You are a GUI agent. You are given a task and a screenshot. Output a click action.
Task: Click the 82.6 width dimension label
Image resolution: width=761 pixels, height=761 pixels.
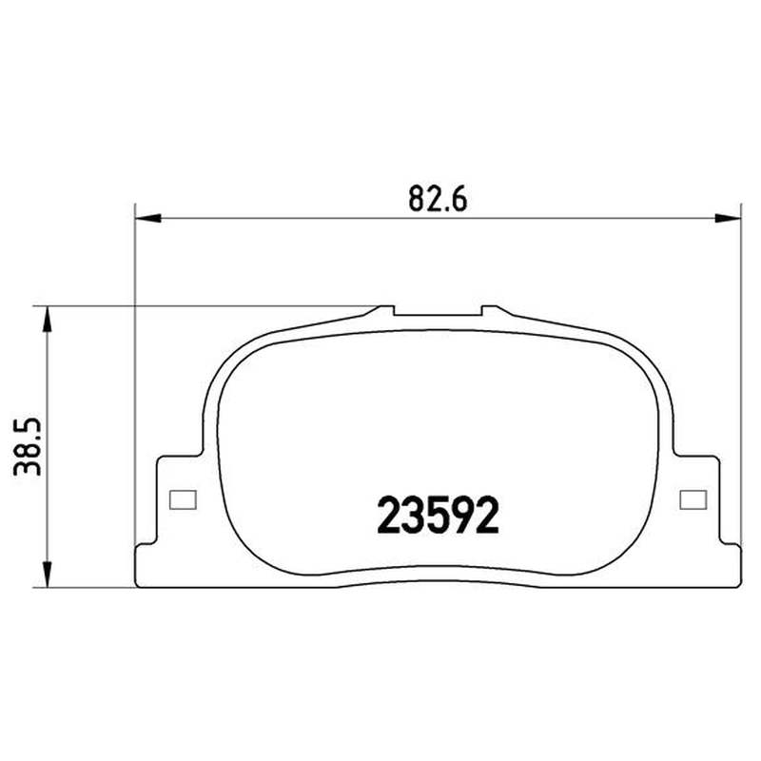tap(438, 199)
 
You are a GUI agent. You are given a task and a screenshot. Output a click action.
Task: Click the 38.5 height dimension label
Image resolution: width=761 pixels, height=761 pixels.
tap(28, 446)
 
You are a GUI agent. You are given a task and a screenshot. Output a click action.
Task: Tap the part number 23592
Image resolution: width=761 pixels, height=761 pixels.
tap(438, 515)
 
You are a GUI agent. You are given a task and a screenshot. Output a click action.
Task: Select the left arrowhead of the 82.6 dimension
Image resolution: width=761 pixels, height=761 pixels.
tap(147, 219)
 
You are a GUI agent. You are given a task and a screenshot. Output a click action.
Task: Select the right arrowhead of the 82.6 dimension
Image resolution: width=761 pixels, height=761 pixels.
tap(728, 219)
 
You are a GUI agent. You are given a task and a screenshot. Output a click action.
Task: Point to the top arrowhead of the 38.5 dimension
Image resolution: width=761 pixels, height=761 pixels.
tap(47, 319)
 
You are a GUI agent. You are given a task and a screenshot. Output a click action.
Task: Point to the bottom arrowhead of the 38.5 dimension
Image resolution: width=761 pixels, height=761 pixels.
tap(47, 575)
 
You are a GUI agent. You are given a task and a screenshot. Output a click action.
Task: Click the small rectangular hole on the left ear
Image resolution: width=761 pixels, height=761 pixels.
tap(183, 499)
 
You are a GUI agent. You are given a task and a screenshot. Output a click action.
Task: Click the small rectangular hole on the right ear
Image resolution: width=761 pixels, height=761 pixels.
tap(693, 499)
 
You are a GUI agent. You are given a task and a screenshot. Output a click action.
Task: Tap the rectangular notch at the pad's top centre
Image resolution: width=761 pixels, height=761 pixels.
tap(438, 311)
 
